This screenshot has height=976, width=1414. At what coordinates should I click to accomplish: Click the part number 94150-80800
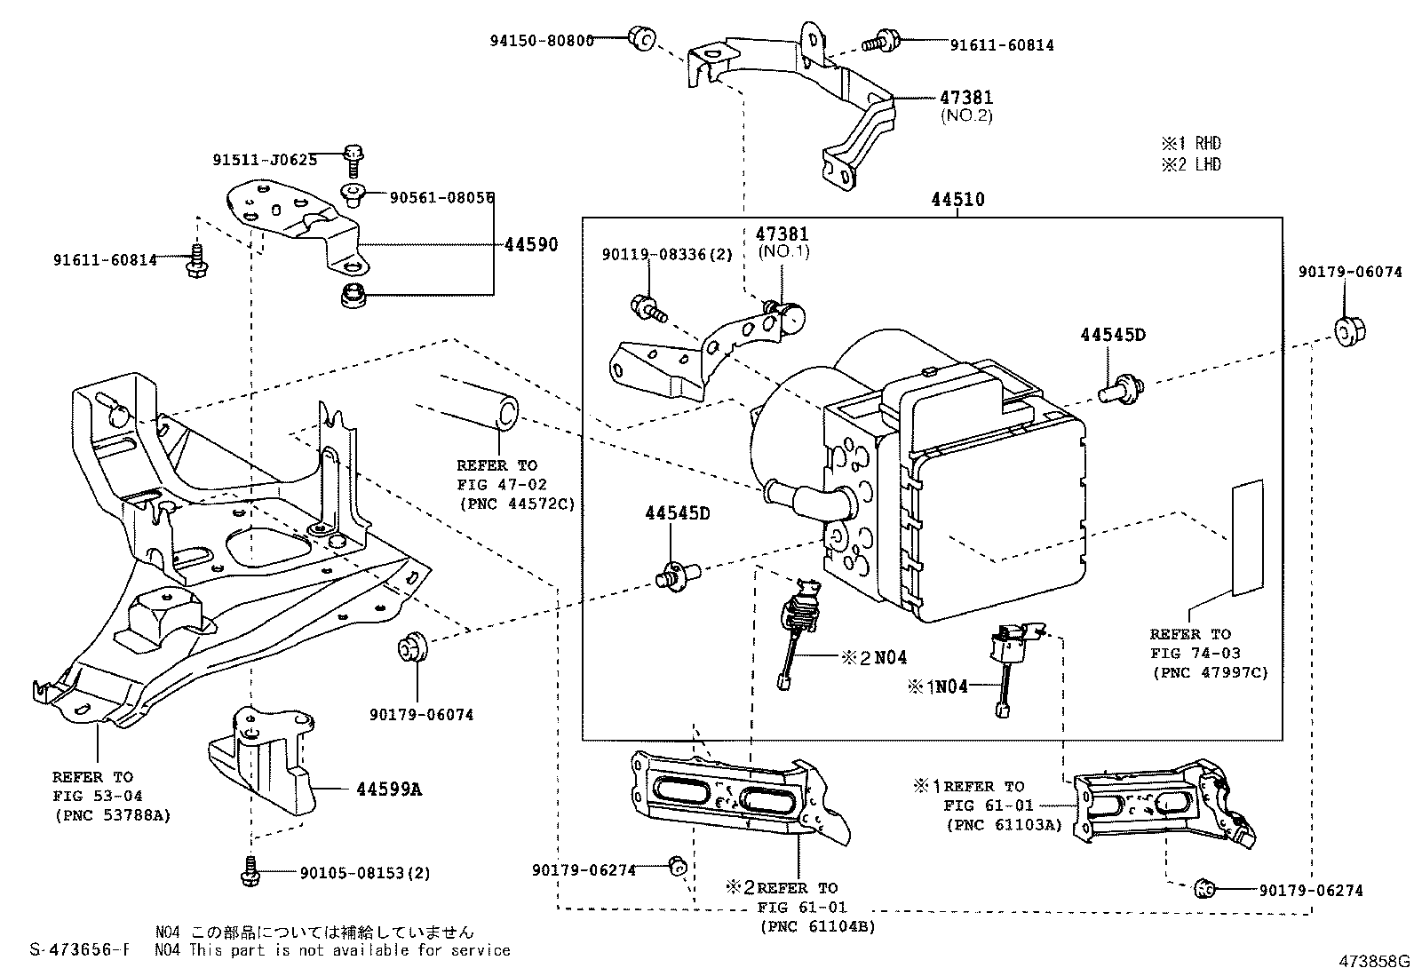pyautogui.click(x=542, y=40)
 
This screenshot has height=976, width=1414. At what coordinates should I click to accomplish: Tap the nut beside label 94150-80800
pyautogui.click(x=642, y=38)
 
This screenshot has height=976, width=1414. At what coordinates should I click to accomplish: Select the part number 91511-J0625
pyautogui.click(x=265, y=160)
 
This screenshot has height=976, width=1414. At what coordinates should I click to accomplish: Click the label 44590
pyautogui.click(x=531, y=244)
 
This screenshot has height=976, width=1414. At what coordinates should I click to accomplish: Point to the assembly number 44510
pyautogui.click(x=957, y=200)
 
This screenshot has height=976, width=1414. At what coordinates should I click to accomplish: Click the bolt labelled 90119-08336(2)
pyautogui.click(x=648, y=309)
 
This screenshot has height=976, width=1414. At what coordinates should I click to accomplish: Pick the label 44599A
pyautogui.click(x=389, y=790)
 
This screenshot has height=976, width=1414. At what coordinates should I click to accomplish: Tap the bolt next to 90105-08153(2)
pyautogui.click(x=250, y=871)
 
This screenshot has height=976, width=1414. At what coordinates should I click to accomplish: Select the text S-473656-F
pyautogui.click(x=80, y=949)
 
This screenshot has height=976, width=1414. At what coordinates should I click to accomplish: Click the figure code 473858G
pyautogui.click(x=1374, y=961)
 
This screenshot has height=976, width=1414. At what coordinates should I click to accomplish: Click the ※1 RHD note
pyautogui.click(x=1191, y=143)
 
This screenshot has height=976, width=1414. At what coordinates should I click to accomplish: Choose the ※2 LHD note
pyautogui.click(x=1191, y=165)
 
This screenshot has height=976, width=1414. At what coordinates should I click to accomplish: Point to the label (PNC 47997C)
pyautogui.click(x=1210, y=672)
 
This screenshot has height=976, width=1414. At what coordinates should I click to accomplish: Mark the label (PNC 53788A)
pyautogui.click(x=113, y=815)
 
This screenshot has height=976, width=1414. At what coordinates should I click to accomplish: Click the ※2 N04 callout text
pyautogui.click(x=874, y=658)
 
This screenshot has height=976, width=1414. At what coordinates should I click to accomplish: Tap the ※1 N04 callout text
pyautogui.click(x=937, y=686)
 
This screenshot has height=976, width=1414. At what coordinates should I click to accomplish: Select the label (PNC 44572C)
pyautogui.click(x=517, y=504)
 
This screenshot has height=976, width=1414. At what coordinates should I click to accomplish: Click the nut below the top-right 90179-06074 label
pyautogui.click(x=1350, y=331)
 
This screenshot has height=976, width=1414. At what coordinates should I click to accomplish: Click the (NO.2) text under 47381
pyautogui.click(x=966, y=115)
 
